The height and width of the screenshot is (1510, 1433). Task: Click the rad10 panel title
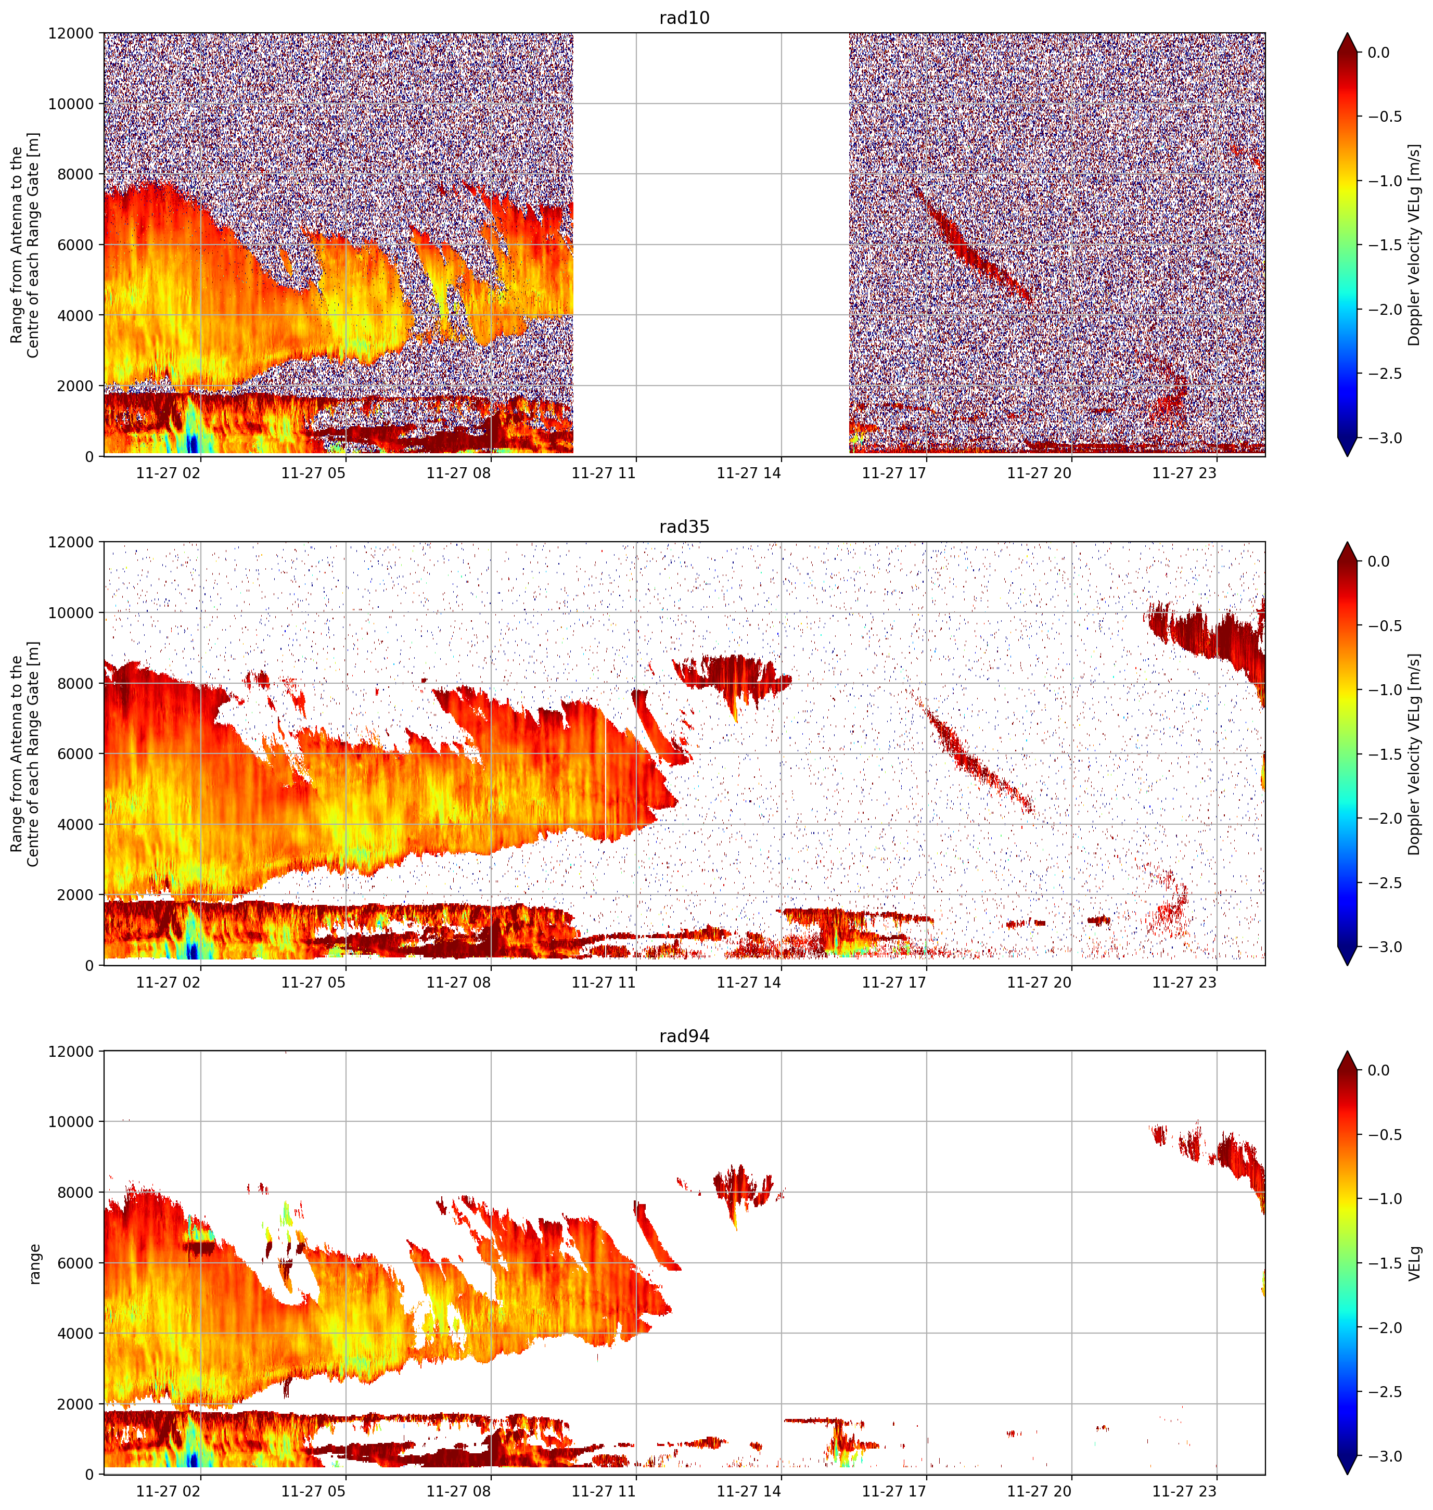pyautogui.click(x=684, y=18)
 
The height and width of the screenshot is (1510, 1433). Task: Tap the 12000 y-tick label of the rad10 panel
pyautogui.click(x=71, y=34)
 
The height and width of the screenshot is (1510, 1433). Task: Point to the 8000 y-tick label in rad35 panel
pyautogui.click(x=75, y=684)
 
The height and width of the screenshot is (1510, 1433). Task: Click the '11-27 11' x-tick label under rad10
pyautogui.click(x=604, y=473)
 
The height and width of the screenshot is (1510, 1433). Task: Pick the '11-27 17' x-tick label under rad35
pyautogui.click(x=894, y=982)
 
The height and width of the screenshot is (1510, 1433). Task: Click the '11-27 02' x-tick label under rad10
pyautogui.click(x=168, y=473)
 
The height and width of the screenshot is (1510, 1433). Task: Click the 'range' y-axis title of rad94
pyautogui.click(x=34, y=1264)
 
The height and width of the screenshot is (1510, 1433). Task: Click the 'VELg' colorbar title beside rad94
pyautogui.click(x=1415, y=1263)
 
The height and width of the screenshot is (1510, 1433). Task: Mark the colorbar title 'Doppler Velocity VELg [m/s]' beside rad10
pyautogui.click(x=1415, y=245)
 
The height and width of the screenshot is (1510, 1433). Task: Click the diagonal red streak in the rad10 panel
pyautogui.click(x=970, y=245)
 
